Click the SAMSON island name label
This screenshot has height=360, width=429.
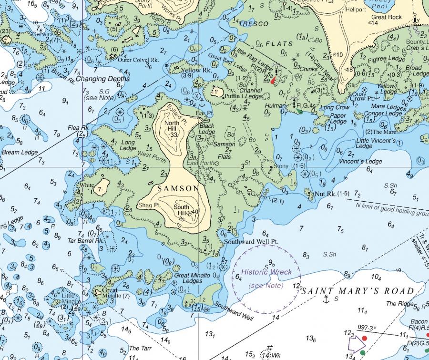(178, 188)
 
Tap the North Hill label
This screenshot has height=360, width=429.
(171, 126)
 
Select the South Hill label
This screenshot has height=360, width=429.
(181, 209)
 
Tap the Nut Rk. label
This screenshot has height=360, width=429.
(326, 194)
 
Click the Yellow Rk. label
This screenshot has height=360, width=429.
(196, 70)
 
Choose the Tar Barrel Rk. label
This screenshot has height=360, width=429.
(86, 241)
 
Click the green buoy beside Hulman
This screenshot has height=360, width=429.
(299, 111)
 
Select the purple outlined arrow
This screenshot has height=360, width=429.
(355, 343)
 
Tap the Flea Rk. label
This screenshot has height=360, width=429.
(79, 128)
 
